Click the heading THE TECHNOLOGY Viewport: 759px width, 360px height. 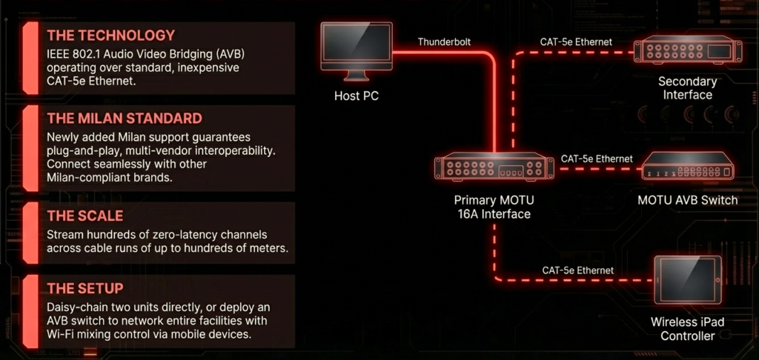(110, 35)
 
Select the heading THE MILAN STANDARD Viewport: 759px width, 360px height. (124, 118)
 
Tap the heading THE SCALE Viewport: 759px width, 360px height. (84, 216)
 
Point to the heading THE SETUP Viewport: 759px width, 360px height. (84, 288)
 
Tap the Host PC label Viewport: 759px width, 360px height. (357, 96)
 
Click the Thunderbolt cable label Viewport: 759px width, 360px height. (444, 42)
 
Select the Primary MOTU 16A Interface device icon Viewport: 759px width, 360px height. (494, 168)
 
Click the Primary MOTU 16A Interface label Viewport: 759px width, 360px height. (494, 207)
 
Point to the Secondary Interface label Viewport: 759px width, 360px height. (687, 87)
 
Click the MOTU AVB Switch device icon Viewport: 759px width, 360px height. (687, 169)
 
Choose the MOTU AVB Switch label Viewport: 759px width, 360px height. (687, 200)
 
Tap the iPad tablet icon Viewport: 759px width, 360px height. (687, 282)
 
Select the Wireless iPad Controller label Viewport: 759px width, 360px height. (687, 329)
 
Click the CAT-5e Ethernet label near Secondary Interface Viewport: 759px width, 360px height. (577, 42)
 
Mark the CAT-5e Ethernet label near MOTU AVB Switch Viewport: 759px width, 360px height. (597, 159)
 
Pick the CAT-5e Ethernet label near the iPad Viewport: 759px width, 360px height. (577, 270)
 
